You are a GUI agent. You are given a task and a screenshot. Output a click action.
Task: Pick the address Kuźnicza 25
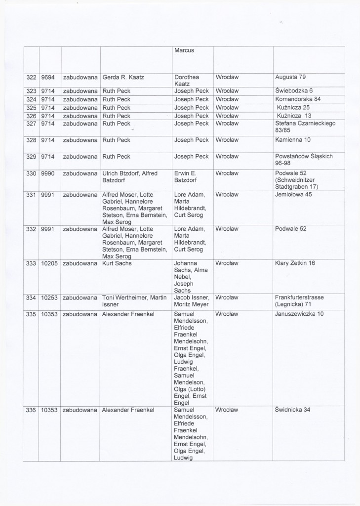293,108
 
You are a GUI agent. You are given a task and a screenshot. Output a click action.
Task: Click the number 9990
48,173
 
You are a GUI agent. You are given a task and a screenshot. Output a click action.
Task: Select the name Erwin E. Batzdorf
187,177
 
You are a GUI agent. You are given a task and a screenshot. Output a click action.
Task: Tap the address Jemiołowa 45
295,195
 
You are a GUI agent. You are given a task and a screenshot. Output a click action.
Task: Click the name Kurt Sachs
117,263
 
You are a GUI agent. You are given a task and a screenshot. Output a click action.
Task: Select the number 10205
49,263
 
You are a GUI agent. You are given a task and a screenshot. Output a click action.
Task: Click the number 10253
49,297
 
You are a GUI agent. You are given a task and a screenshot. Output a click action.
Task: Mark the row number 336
31,410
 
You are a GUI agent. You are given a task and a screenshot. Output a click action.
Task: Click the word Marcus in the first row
185,50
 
